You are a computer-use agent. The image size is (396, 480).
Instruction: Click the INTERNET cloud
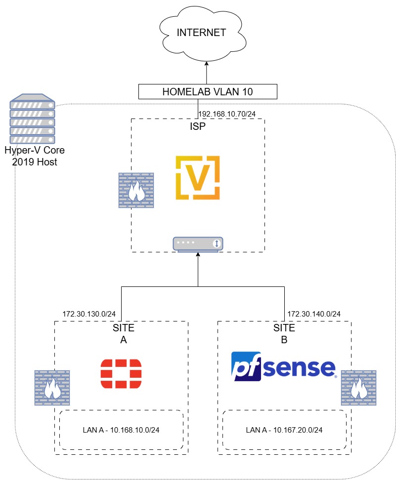pos(202,33)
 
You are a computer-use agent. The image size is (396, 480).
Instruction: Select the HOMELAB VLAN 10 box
pos(208,91)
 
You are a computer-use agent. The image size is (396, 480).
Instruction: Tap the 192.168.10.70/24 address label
pos(227,114)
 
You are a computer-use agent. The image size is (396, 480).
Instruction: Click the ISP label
pos(198,126)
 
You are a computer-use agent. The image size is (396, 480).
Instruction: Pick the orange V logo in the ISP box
pos(198,178)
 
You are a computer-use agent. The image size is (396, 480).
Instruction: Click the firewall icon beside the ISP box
pos(136,190)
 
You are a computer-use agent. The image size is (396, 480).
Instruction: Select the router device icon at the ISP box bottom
pos(198,244)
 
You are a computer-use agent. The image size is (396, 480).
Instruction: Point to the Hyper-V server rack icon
pos(33,119)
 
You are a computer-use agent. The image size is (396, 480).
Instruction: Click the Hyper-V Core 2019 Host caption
pos(35,156)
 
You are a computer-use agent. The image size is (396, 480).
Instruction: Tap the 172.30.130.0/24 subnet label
pos(89,314)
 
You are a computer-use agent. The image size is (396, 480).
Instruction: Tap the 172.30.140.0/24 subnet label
pos(314,314)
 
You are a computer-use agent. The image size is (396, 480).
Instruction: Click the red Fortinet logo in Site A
pos(121,374)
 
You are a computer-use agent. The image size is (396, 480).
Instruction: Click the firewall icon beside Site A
pos(52,388)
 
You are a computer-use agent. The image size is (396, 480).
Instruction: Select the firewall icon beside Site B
pos(358,388)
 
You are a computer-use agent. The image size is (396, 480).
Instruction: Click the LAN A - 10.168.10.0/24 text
pos(121,430)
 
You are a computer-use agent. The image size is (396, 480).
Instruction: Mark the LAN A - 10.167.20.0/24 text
pos(284,430)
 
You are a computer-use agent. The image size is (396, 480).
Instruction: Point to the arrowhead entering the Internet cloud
pos(206,63)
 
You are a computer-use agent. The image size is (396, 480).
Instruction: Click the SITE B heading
pos(284,334)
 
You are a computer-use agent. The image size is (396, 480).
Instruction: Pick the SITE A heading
pos(124,334)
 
